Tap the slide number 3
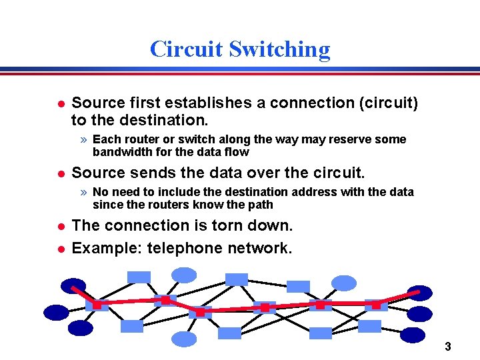448,347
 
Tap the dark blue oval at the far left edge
56,311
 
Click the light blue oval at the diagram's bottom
184,339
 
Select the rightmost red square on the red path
375,305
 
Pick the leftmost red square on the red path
97,305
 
